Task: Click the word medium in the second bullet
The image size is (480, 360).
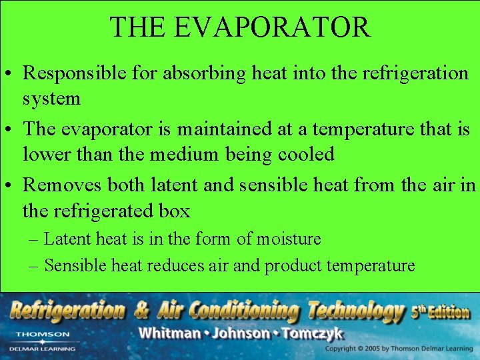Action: [x=181, y=155]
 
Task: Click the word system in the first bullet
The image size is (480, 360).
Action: [x=51, y=99]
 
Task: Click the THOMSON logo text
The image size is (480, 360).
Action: [x=42, y=334]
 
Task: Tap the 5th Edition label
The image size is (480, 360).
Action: [x=440, y=311]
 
